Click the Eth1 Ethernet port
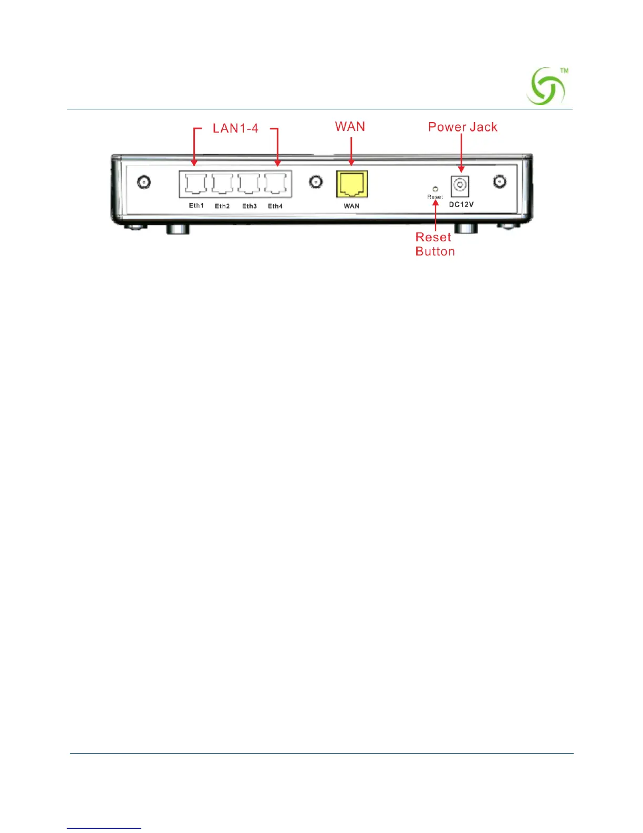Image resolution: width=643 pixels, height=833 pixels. (195, 184)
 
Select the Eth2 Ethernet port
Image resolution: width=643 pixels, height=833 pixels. (222, 184)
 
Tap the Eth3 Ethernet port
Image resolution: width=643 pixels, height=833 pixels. (248, 184)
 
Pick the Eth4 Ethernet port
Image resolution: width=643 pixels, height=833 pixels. (275, 184)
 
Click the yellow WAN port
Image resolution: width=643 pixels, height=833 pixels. (351, 184)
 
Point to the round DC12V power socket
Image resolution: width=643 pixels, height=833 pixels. (460, 185)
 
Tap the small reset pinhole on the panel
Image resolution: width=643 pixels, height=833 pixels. (435, 188)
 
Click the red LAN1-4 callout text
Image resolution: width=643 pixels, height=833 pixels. (235, 129)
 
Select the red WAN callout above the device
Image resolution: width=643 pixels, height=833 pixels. (350, 127)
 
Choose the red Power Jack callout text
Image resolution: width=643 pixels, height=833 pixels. (462, 127)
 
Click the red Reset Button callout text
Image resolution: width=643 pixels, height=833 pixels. (434, 245)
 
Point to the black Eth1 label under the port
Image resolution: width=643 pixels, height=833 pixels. (196, 206)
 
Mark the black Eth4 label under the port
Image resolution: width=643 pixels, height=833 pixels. (275, 206)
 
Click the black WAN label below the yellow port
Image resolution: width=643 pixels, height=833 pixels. (351, 206)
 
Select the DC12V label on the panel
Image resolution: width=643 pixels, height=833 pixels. (461, 205)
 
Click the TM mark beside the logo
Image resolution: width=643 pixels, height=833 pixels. (564, 70)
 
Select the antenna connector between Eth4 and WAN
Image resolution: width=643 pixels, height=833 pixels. (316, 182)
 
